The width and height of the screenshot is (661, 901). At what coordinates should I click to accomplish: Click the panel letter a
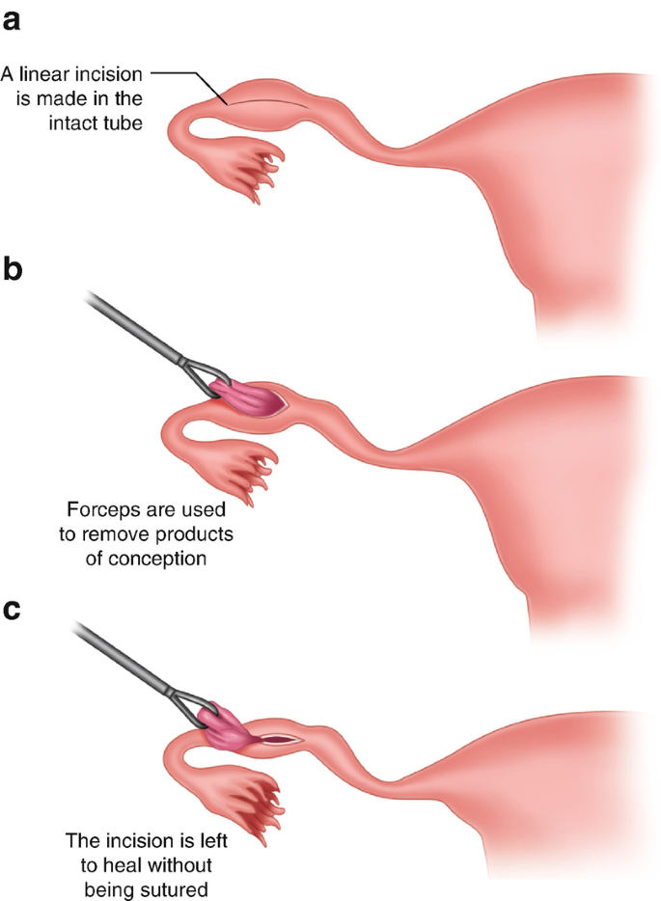tap(14, 18)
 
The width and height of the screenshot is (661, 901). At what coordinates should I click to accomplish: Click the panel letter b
tap(14, 269)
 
